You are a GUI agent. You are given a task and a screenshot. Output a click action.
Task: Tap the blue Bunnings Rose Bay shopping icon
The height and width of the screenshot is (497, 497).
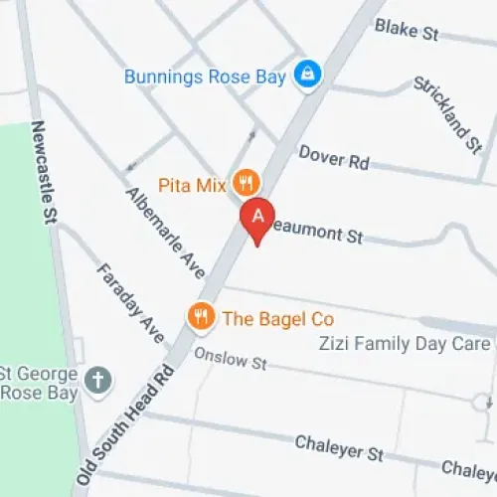point(308,76)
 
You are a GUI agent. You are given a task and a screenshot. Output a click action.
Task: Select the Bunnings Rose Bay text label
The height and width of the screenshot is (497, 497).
point(205,77)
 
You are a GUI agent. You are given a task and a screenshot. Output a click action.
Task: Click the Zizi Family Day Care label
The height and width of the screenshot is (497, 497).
point(404,345)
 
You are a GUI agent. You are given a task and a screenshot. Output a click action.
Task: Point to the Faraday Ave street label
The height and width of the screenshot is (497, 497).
point(129,297)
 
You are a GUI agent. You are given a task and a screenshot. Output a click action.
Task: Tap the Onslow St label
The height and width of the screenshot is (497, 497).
point(231,358)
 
